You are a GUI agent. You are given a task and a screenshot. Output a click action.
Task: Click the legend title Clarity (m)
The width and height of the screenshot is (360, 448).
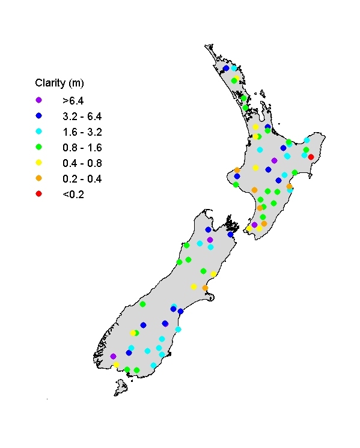(x=59, y=82)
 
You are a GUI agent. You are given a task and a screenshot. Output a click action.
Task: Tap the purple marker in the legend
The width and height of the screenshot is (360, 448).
(x=39, y=100)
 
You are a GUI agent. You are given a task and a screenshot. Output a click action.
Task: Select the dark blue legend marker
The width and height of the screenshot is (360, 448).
(x=39, y=115)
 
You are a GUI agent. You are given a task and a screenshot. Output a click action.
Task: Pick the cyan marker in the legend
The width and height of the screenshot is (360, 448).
(x=39, y=131)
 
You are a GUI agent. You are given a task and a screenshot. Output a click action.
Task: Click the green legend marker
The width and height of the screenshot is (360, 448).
(x=39, y=147)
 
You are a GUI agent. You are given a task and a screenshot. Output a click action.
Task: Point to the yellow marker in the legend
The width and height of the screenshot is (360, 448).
(x=39, y=162)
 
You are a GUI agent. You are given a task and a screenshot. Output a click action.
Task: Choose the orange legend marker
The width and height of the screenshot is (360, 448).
(x=39, y=178)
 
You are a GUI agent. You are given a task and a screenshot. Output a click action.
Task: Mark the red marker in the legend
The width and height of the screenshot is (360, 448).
(x=39, y=193)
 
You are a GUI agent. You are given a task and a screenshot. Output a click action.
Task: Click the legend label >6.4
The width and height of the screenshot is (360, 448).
(x=73, y=100)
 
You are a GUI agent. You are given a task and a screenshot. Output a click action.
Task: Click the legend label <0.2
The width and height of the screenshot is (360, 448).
(x=73, y=193)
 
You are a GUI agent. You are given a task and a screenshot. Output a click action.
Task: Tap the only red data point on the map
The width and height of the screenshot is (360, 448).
(x=311, y=157)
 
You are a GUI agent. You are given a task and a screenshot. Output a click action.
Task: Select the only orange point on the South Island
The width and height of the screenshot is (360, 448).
(x=205, y=288)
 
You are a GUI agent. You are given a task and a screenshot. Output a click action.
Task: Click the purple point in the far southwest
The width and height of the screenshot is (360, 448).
(x=113, y=356)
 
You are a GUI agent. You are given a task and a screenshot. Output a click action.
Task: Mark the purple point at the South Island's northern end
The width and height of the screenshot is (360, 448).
(x=210, y=240)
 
